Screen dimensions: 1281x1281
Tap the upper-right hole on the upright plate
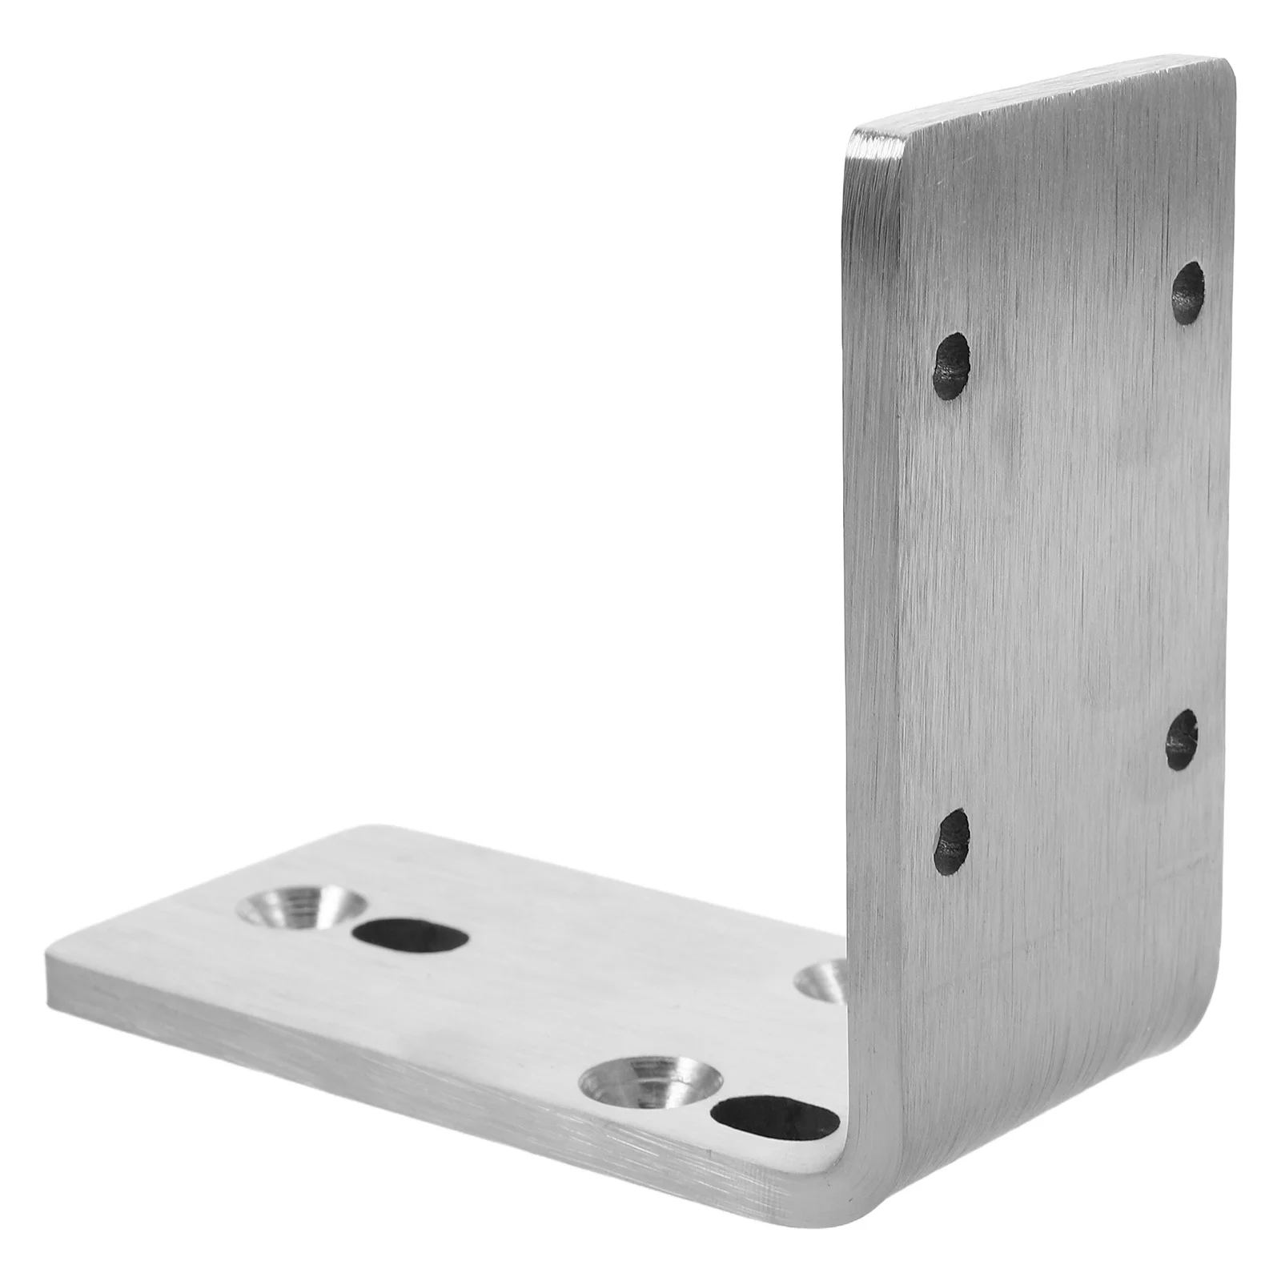point(1187,292)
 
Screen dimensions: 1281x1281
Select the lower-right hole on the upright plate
point(1181,739)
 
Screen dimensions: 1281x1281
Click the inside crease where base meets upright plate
point(841,1041)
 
